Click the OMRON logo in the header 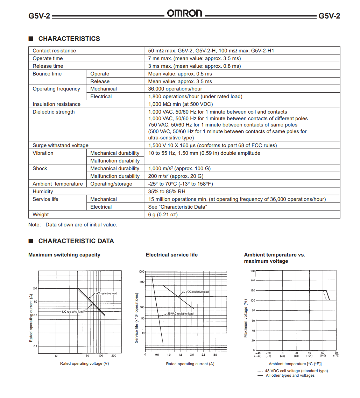tap(184, 14)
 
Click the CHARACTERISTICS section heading tap(69, 39)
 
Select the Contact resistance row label tap(54, 51)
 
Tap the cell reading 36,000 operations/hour tap(175, 89)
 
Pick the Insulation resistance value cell tap(180, 104)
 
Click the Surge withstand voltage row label tap(61, 145)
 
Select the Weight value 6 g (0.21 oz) tap(163, 215)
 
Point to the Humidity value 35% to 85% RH tap(167, 191)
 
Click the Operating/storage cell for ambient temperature tap(111, 184)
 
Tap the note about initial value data tap(73, 225)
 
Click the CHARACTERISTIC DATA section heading tap(76, 241)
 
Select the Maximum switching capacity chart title tap(64, 255)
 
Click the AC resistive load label tap(106, 294)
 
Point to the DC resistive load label tap(73, 311)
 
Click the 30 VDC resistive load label tap(195, 292)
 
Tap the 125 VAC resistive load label tap(179, 314)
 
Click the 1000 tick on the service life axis tap(141, 272)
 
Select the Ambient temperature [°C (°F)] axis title tap(295, 364)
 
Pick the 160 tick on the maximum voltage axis tap(253, 271)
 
